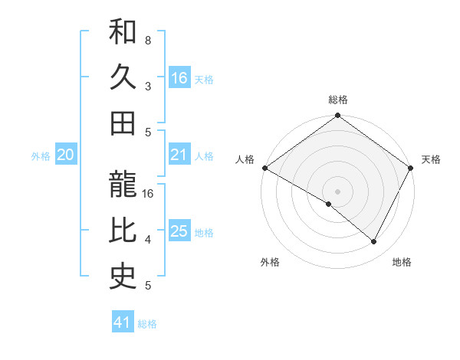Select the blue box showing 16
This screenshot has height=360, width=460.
(x=179, y=77)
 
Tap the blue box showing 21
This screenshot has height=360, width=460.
(x=179, y=155)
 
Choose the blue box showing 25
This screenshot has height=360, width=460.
(x=179, y=231)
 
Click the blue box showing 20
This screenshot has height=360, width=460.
(x=66, y=155)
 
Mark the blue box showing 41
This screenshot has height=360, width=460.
(x=123, y=322)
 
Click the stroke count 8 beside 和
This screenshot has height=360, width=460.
(x=147, y=39)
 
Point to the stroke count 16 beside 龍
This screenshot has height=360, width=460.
(x=148, y=194)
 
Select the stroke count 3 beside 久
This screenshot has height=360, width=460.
(x=147, y=86)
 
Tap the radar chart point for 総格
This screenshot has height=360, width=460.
(x=337, y=116)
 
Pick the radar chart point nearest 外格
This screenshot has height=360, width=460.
(x=329, y=204)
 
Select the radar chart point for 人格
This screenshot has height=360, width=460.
(x=264, y=168)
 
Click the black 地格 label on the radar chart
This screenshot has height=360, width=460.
(x=402, y=262)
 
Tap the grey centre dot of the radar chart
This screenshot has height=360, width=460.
(x=337, y=191)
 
